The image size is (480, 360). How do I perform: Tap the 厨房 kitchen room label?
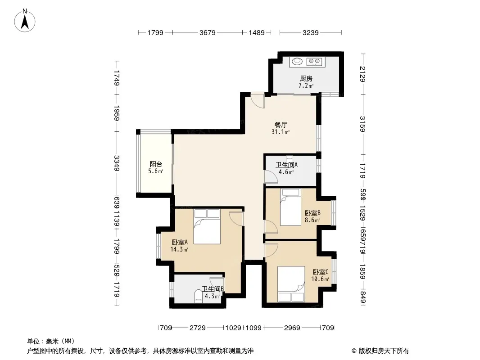[x=306, y=79]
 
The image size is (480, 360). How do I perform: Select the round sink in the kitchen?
[x=297, y=62]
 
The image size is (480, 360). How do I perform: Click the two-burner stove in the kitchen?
[x=314, y=62]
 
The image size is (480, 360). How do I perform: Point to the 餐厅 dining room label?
[x=281, y=125]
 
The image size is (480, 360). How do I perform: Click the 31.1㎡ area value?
[x=281, y=132]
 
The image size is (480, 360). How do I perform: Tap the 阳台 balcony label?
[x=155, y=164]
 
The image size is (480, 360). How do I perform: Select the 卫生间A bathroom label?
[x=286, y=165]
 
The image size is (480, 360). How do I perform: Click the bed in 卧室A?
[x=207, y=226]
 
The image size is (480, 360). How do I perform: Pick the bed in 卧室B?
[x=290, y=207]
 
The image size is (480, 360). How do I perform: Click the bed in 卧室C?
[x=291, y=284]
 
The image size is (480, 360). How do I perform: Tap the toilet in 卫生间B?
[x=199, y=297]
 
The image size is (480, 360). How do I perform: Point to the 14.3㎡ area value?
[x=179, y=249]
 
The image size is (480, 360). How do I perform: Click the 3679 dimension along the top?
[x=208, y=32]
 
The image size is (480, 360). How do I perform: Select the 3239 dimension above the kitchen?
[x=311, y=32]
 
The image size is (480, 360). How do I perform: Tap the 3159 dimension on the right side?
[x=363, y=124]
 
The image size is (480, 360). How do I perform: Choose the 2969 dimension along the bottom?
[x=292, y=328]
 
